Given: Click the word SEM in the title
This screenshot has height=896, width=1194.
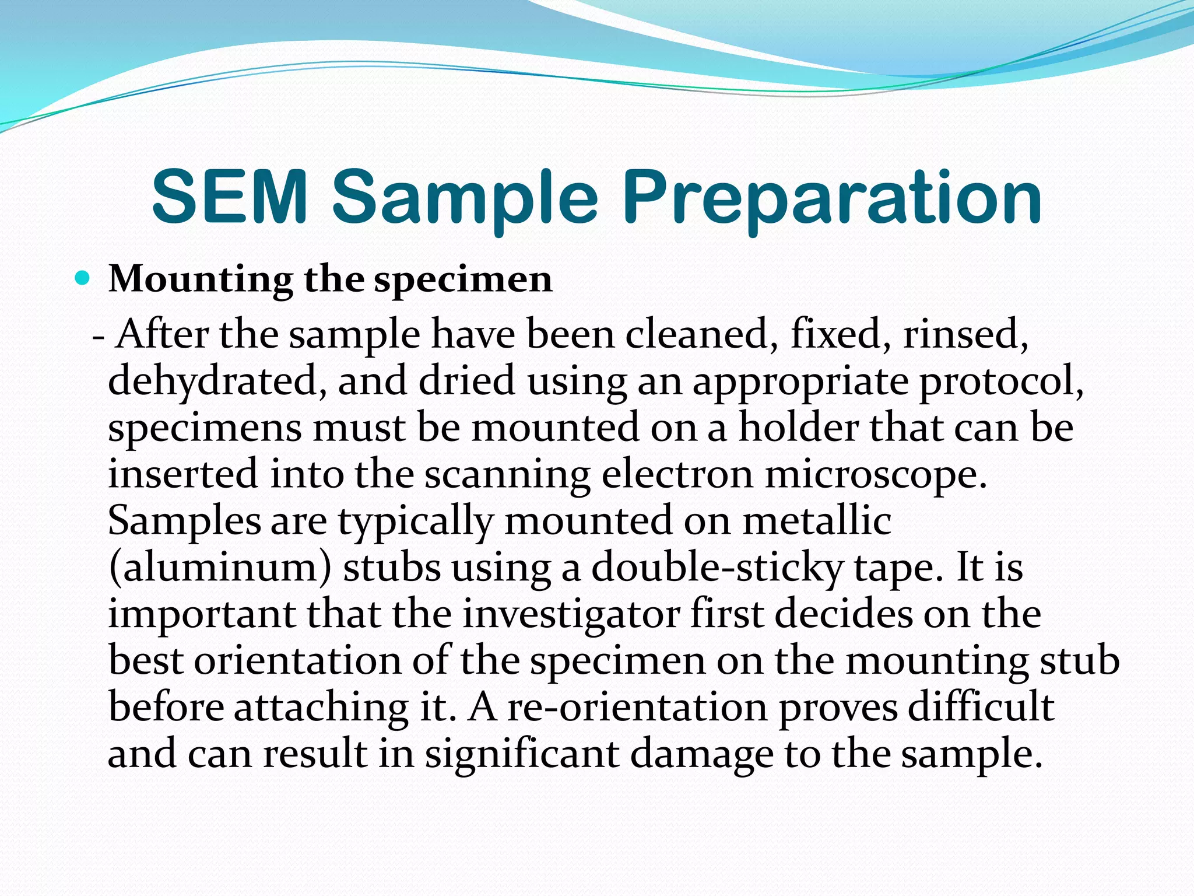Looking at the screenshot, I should click(x=229, y=197).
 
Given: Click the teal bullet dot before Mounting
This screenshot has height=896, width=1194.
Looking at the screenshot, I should click(x=83, y=278).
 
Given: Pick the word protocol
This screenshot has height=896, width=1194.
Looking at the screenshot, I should click(x=1000, y=381).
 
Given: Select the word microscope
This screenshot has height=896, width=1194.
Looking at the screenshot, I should click(x=876, y=474).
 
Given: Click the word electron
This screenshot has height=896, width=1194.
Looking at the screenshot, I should click(x=677, y=474).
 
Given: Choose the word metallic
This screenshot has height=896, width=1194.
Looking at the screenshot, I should click(x=817, y=521).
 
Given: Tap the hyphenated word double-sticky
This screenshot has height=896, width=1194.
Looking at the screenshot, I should click(x=717, y=568).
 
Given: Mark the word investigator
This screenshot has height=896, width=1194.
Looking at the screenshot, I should click(x=571, y=615).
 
